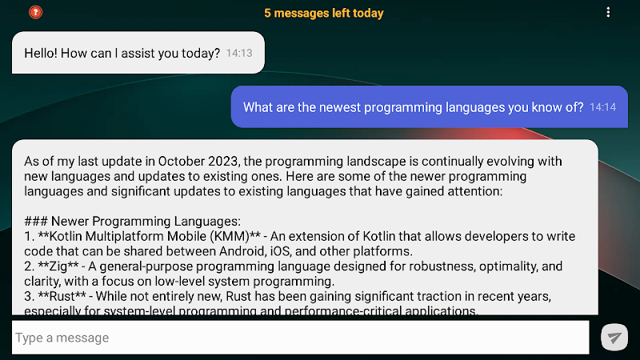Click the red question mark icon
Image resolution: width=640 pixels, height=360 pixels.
35,12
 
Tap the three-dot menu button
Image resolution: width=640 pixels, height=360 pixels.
608,12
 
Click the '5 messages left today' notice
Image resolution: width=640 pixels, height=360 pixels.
324,13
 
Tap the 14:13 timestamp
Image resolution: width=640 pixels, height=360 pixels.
239,53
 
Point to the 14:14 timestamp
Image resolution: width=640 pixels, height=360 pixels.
603,107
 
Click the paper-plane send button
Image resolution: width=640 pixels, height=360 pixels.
614,337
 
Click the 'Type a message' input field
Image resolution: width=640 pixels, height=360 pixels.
301,338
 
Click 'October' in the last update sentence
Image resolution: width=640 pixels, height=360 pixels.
182,162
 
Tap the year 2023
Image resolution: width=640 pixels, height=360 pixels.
223,162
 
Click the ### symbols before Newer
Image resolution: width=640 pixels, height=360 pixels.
35,222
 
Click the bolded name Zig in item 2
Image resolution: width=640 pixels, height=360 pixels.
58,266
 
